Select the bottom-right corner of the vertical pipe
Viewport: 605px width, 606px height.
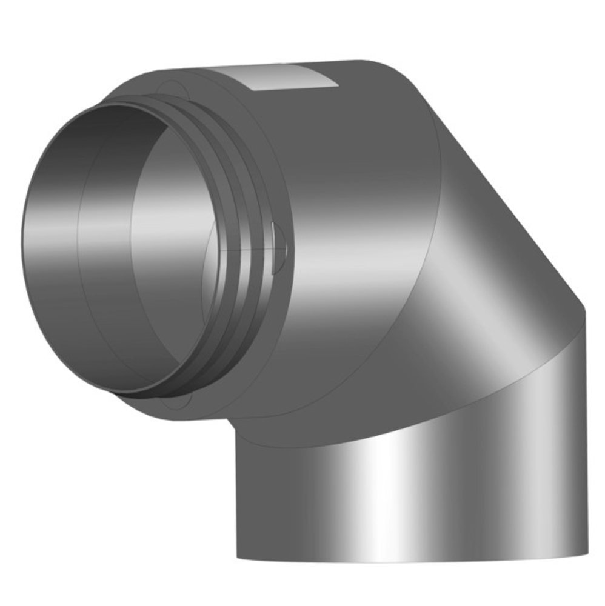(x=587, y=553)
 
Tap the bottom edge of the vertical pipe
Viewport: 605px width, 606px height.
(x=412, y=561)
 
